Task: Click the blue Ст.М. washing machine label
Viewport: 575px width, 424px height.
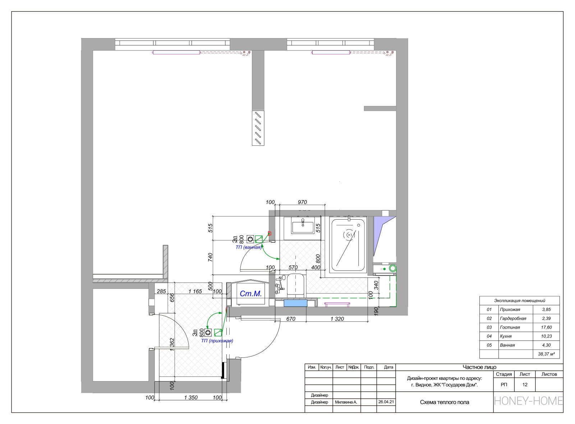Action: tap(250, 294)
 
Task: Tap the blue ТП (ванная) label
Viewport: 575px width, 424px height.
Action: tap(248, 247)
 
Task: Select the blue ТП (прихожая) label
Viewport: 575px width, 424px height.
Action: tap(217, 341)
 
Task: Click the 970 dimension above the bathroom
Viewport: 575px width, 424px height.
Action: tap(302, 202)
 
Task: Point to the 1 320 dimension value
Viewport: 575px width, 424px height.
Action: tap(337, 319)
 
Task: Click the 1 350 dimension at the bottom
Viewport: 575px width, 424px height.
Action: tap(191, 397)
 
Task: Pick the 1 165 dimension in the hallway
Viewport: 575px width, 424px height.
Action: tap(195, 291)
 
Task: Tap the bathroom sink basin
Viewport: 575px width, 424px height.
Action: tap(303, 225)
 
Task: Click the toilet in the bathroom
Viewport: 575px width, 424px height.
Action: tap(295, 284)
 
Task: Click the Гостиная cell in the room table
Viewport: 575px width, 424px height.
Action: tap(510, 327)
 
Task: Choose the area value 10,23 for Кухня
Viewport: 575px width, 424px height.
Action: tap(546, 336)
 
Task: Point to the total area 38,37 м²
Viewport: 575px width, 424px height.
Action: tap(547, 354)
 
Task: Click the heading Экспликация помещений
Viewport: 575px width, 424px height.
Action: tap(520, 301)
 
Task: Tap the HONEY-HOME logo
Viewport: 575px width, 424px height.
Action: tap(528, 401)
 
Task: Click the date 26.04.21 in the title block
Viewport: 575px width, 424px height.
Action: tap(386, 402)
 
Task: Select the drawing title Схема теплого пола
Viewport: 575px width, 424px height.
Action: tap(444, 402)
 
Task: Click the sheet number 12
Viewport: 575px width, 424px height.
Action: tap(525, 385)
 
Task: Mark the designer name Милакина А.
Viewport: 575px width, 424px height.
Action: tap(346, 402)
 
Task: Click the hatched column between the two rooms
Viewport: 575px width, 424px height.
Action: tap(258, 128)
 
